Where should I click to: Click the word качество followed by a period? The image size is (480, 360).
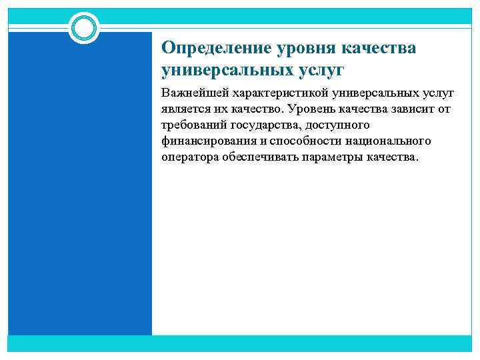tap(253, 109)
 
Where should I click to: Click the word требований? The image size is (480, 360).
tap(193, 125)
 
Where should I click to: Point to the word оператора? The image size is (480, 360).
tap(188, 157)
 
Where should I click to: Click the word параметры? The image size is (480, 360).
tap(330, 157)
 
